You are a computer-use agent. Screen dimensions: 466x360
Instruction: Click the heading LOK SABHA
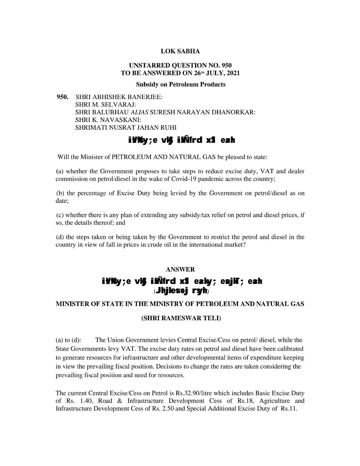click(x=180, y=51)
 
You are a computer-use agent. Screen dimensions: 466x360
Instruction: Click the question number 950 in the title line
click(x=226, y=66)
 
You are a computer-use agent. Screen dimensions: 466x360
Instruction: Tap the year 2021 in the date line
click(x=233, y=73)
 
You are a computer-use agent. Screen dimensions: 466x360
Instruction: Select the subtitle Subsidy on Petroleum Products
click(x=180, y=84)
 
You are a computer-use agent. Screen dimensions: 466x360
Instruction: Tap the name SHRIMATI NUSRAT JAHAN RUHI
click(x=126, y=127)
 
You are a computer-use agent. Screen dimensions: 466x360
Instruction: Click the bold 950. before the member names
click(x=62, y=97)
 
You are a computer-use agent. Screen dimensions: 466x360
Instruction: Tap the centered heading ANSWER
click(x=180, y=269)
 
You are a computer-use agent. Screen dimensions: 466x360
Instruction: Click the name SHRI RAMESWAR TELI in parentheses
click(x=181, y=318)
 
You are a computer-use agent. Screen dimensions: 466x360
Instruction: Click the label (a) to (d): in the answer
click(x=69, y=340)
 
